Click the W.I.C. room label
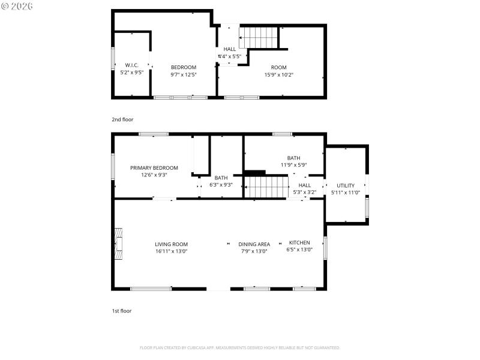(131, 65)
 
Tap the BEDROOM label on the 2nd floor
(184, 67)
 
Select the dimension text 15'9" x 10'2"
(278, 75)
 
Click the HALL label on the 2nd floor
(230, 49)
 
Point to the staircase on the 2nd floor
(260, 37)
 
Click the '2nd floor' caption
(122, 119)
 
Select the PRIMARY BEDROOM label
(154, 168)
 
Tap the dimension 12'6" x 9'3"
(154, 175)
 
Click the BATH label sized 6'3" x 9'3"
(221, 178)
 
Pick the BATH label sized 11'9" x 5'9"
(293, 158)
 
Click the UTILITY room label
(346, 185)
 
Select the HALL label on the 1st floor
(304, 185)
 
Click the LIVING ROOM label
(172, 244)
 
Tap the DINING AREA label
(254, 244)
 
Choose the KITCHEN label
(299, 242)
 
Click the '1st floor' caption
(122, 311)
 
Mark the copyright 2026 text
(17, 5)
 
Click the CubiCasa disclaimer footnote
(240, 347)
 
